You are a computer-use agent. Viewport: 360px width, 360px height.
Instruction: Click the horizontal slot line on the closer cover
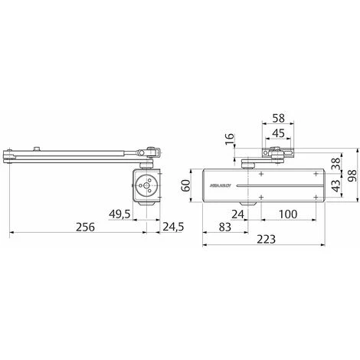tap(268, 186)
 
